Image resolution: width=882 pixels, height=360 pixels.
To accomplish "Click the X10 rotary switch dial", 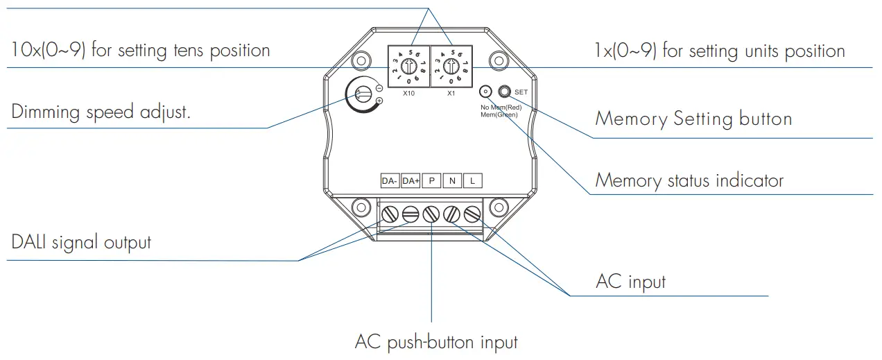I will [x=408, y=67].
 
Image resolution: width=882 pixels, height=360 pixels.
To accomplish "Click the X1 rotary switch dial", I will [x=451, y=67].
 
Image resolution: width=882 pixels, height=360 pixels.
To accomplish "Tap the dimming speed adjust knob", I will [x=361, y=95].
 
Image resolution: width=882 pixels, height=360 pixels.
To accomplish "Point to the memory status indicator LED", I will [x=485, y=92].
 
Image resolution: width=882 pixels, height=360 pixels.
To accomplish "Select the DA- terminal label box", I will [x=389, y=181].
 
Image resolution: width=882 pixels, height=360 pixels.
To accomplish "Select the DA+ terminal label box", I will [x=410, y=181].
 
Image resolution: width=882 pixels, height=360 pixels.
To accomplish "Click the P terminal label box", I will [x=431, y=181].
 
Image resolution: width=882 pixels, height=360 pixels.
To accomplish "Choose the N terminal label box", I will [x=452, y=181].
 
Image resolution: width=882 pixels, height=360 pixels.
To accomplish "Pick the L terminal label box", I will [x=472, y=181].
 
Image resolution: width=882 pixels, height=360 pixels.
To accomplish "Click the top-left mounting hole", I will [x=360, y=60].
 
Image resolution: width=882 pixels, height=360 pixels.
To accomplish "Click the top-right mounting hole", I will [x=499, y=60].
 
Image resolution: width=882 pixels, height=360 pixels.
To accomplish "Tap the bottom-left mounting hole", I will [x=360, y=207].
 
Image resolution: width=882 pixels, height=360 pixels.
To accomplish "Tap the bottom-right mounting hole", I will [x=499, y=207].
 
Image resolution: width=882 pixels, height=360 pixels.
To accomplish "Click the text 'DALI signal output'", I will [x=81, y=243].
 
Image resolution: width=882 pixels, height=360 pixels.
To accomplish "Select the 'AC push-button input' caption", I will [x=436, y=342].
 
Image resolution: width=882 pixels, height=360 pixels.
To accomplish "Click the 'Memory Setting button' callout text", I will [x=693, y=119].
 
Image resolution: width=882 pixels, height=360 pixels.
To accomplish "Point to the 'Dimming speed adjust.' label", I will [x=101, y=112].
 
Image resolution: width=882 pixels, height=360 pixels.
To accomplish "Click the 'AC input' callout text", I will [x=630, y=282].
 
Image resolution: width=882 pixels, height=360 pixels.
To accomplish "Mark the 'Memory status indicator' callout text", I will [x=689, y=181].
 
